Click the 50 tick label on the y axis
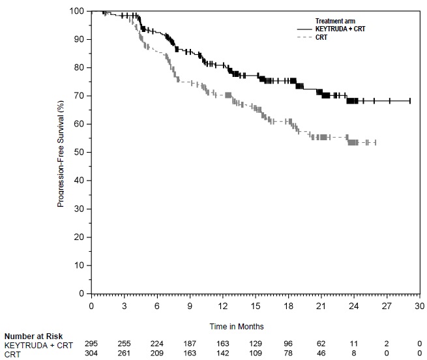point(80,152)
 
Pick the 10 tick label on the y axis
point(80,265)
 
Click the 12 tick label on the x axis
point(223,306)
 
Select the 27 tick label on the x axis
point(387,306)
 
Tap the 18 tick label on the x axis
point(289,306)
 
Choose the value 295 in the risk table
point(91,344)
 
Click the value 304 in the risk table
point(91,353)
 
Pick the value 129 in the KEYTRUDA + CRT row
point(256,344)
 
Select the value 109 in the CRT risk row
point(256,353)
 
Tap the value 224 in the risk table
point(157,344)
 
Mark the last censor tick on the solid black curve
point(409,100)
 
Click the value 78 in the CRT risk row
point(289,353)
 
